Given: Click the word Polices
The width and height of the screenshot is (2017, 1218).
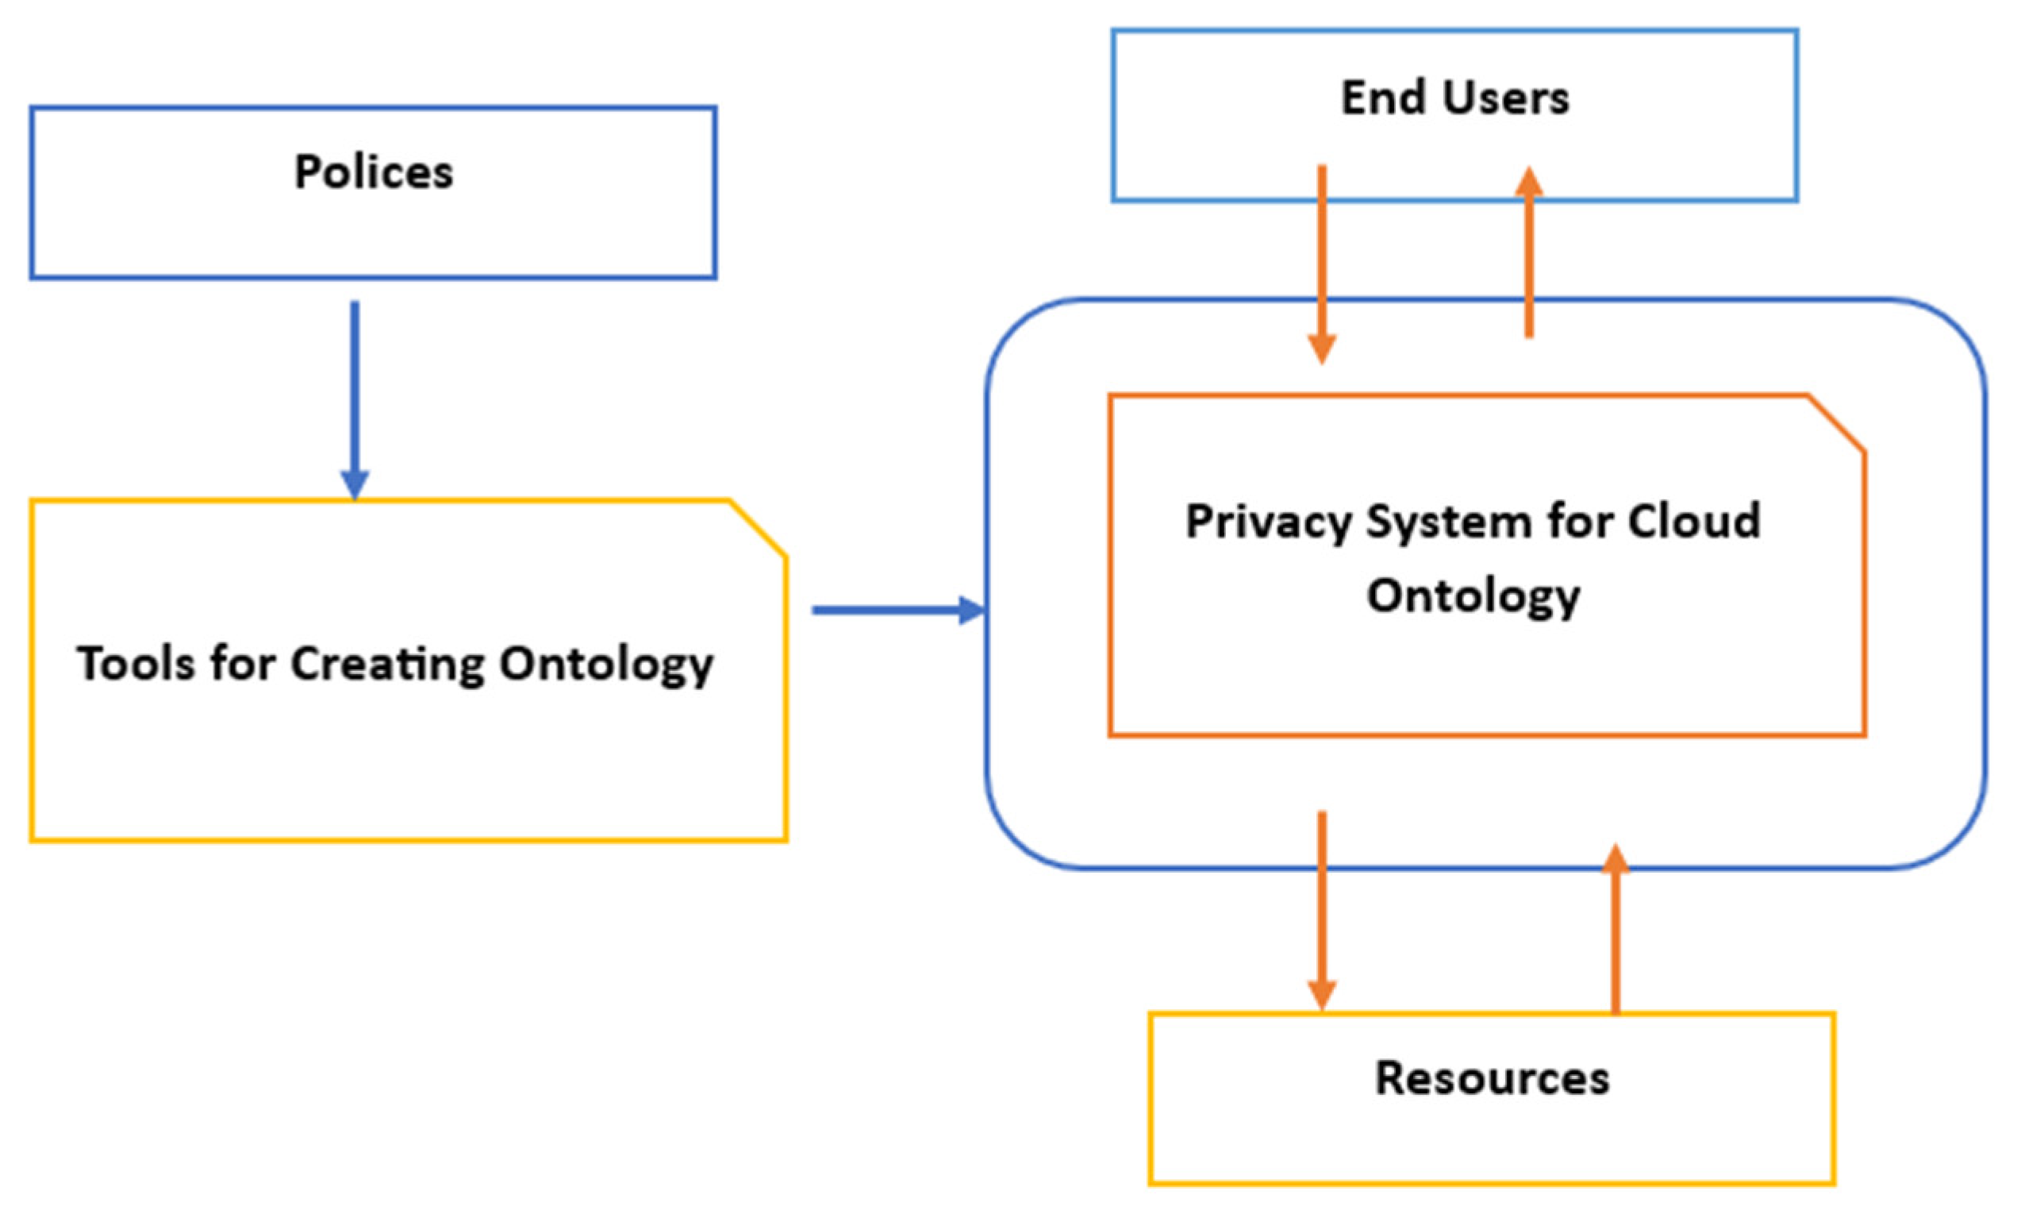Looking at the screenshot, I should click(x=373, y=173).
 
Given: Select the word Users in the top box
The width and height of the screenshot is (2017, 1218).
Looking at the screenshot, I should click(x=1506, y=98).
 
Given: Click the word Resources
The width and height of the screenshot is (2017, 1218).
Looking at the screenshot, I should click(x=1492, y=1078).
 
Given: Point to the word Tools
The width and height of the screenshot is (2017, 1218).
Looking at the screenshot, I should click(x=136, y=664).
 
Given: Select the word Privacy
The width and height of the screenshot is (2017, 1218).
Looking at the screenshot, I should click(x=1268, y=522).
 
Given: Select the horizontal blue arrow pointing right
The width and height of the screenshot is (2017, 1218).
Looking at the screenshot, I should click(x=897, y=611).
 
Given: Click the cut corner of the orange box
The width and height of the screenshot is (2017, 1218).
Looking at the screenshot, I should click(x=1837, y=422).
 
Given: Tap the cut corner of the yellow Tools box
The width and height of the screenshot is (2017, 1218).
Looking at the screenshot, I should click(x=758, y=529).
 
